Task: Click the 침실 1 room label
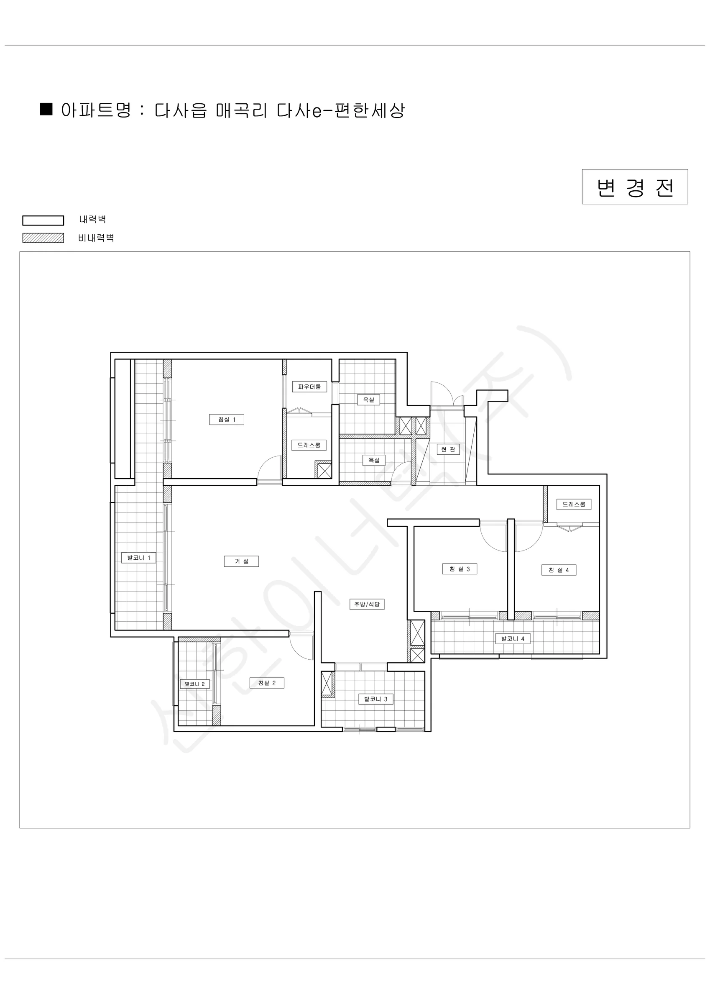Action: [227, 419]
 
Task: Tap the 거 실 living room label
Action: [241, 561]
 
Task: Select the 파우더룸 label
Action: [309, 387]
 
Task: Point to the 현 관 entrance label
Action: [448, 449]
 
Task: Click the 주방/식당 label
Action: [367, 604]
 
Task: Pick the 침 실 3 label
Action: [460, 569]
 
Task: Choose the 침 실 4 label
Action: [559, 570]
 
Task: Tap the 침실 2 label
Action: [267, 683]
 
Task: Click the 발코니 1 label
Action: [138, 558]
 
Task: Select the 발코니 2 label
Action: [194, 684]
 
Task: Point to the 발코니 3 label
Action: [375, 699]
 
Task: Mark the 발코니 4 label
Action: [512, 638]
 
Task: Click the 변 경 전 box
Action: [635, 187]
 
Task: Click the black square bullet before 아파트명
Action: [46, 109]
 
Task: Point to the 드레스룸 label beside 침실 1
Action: [309, 445]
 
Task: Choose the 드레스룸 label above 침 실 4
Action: [574, 504]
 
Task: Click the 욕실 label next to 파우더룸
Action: [368, 400]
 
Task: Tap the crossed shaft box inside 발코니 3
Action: [327, 684]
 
